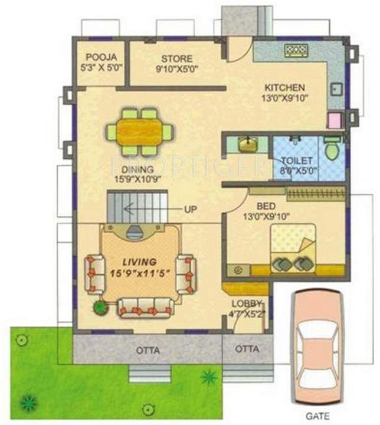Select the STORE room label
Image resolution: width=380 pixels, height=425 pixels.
pos(176,58)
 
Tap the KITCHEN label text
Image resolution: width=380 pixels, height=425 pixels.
pos(284,87)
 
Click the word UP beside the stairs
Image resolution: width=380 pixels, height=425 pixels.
pos(191,210)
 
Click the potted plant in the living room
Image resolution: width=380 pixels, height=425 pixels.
pos(100,306)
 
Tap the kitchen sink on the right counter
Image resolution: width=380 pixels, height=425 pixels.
pos(337,88)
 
